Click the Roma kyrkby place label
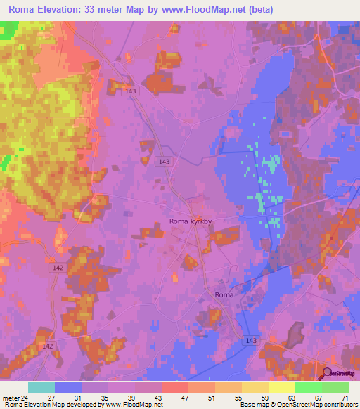[x=191, y=221]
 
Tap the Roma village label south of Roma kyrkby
[x=224, y=296]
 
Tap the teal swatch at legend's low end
[x=41, y=387]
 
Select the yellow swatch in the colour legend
[x=281, y=387]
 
